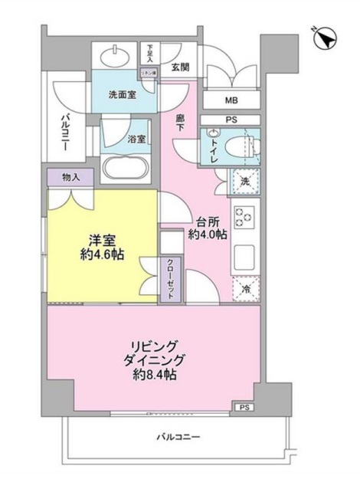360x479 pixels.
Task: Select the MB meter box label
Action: [x=231, y=100]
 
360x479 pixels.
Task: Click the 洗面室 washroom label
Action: [x=121, y=96]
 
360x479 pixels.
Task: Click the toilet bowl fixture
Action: [x=247, y=145]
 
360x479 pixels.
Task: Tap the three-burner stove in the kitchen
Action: [x=244, y=218]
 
